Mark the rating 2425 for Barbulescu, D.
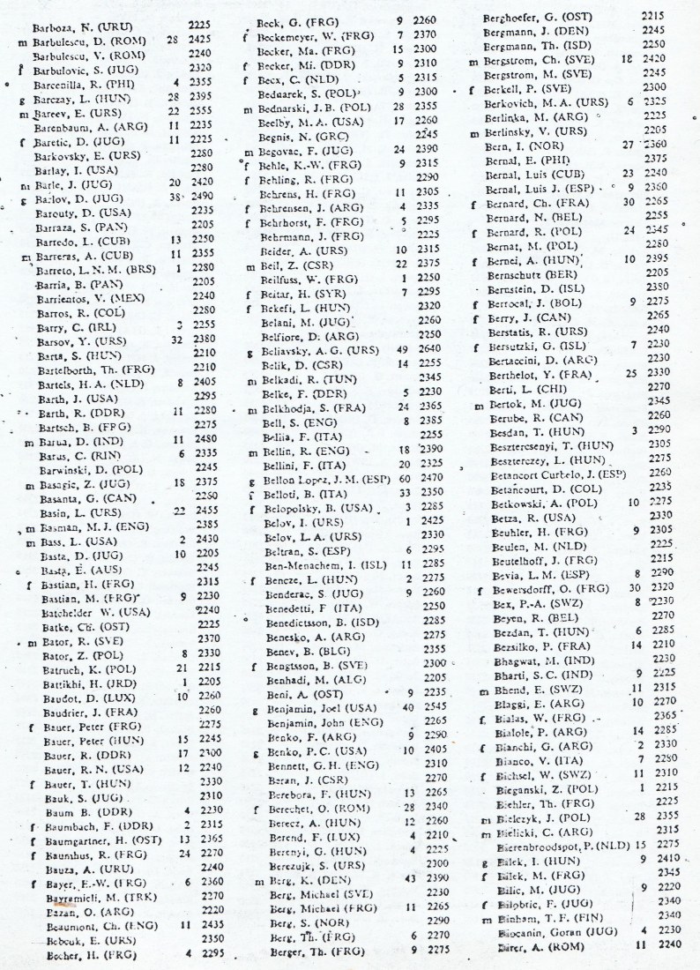pyautogui.click(x=203, y=39)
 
